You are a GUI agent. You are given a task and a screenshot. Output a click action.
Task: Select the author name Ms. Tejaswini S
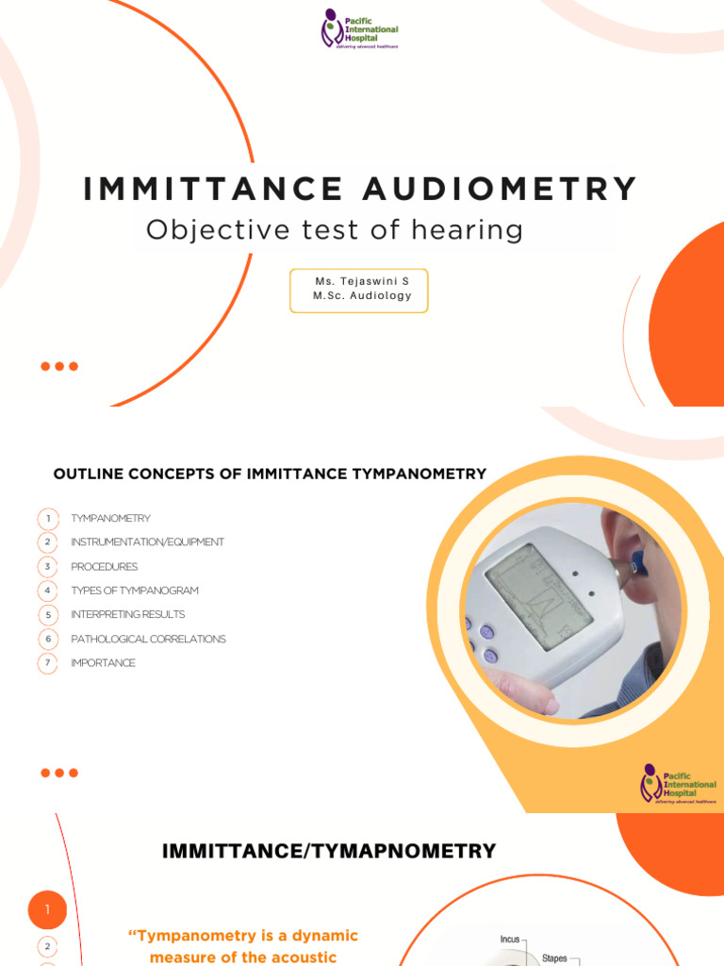(362, 281)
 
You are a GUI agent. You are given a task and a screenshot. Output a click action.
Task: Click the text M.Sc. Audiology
(362, 296)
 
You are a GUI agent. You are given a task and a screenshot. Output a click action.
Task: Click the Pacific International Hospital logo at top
(359, 28)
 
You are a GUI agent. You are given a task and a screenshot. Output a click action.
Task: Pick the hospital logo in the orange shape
(678, 783)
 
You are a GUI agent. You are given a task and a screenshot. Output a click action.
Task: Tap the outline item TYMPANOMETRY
(110, 519)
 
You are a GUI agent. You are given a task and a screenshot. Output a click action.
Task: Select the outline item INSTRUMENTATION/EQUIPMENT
(147, 542)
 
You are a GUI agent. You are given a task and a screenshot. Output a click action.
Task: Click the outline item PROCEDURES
(104, 567)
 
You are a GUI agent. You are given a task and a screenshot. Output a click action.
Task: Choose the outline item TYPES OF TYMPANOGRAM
(134, 591)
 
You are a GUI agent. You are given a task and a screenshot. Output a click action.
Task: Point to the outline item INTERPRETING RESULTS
(127, 614)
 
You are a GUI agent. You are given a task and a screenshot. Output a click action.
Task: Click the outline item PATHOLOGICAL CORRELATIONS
(148, 639)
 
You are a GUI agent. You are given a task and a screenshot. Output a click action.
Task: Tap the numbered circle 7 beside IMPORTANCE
(47, 663)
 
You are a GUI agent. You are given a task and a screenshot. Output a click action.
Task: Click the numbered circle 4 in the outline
(47, 591)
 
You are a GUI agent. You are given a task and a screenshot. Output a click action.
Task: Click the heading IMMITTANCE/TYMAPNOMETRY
(329, 851)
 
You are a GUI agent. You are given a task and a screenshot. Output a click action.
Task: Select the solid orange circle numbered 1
(47, 910)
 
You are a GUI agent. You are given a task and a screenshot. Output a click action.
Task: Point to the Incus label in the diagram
(510, 940)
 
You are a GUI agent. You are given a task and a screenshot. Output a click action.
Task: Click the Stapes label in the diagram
(554, 958)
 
